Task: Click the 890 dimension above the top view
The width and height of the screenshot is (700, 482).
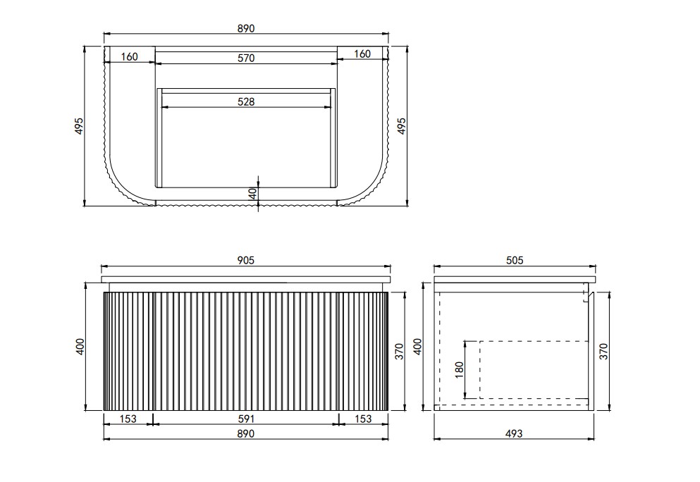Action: (x=245, y=29)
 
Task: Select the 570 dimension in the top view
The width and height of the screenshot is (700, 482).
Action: (x=246, y=58)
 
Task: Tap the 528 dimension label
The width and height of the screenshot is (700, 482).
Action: (x=246, y=101)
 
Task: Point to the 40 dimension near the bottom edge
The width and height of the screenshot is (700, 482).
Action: (x=253, y=194)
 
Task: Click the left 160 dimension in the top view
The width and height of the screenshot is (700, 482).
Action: (x=129, y=56)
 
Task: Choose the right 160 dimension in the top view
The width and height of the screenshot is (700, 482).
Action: (x=362, y=54)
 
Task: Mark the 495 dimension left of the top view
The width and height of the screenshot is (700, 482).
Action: (x=78, y=126)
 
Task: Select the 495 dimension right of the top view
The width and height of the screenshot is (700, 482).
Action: (x=402, y=126)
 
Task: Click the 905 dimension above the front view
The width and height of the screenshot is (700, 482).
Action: (x=245, y=260)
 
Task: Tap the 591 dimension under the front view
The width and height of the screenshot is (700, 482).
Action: (x=246, y=419)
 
